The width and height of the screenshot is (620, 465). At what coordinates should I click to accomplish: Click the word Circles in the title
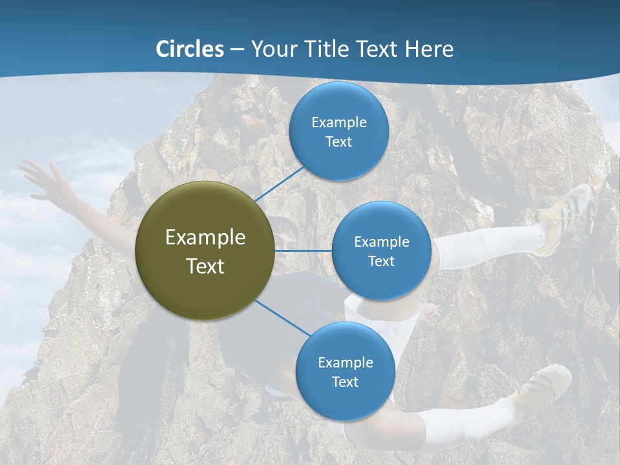coord(190,48)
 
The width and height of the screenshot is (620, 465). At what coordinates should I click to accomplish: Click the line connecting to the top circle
coord(279,183)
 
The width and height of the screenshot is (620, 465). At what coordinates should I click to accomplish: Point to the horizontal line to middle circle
coord(304,251)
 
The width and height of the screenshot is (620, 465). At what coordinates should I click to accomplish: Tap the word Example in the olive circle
coord(205,237)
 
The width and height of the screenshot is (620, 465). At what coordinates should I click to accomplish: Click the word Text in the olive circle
coord(205,266)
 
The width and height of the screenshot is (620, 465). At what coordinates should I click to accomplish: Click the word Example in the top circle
coord(338,122)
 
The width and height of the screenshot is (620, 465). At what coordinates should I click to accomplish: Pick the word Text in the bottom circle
coord(345,382)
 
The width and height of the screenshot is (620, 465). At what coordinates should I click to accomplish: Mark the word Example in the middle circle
coord(381,242)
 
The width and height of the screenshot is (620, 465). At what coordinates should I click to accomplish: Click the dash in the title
coord(237,50)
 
